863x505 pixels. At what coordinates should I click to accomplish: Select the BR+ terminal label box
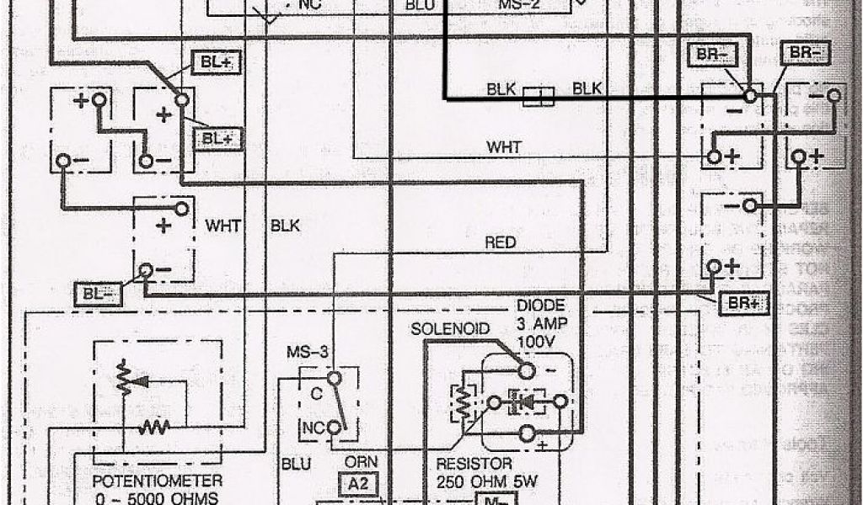pos(742,304)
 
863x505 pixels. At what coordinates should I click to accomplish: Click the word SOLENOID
pos(450,328)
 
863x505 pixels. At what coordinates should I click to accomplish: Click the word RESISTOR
pos(474,464)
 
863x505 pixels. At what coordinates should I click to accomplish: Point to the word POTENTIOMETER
pos(158,481)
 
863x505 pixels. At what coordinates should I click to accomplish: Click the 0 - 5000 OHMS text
pos(158,497)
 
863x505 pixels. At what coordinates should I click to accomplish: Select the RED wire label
pos(501,243)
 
